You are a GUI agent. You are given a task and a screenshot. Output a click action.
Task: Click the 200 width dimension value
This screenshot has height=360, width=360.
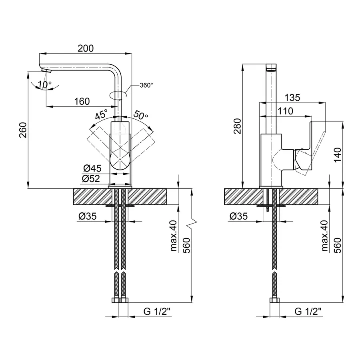pos(85,48)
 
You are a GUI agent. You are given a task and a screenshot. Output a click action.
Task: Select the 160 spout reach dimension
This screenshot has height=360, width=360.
pos(82,101)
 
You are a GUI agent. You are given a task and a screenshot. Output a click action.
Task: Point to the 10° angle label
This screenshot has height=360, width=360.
pos(44,85)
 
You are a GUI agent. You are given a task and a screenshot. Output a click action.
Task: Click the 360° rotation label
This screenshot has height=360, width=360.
pos(146,85)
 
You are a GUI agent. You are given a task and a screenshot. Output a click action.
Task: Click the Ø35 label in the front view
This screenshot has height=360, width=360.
pos(87,216)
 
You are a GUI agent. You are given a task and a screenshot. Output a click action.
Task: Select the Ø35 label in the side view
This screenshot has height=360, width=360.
pos(238,216)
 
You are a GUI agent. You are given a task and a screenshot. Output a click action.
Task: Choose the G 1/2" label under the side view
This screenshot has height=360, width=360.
pos(308,311)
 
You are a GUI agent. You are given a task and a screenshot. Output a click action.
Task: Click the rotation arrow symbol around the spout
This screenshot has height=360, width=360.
pos(118,94)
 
